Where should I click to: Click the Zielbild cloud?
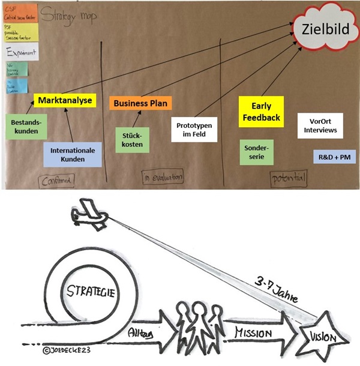click(323, 28)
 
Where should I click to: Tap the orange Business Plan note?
click(137, 103)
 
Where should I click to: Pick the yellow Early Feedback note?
click(261, 112)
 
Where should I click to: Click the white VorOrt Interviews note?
click(319, 125)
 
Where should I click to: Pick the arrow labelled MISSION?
click(256, 332)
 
